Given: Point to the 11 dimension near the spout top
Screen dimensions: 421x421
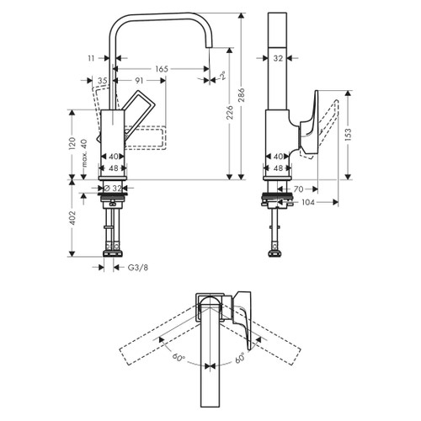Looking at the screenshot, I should click(x=92, y=58).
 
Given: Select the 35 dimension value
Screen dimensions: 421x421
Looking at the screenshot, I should click(x=103, y=81).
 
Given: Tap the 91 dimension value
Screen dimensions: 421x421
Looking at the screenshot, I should click(x=143, y=81).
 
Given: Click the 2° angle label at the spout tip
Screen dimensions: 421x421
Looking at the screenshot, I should click(x=222, y=77).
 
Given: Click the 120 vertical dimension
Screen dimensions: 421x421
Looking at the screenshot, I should click(x=73, y=144).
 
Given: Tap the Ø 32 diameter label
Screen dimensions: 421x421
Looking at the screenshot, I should click(x=114, y=188).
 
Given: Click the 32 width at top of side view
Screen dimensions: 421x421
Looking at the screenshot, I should click(x=279, y=58).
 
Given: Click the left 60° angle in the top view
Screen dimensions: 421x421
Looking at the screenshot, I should click(x=179, y=359).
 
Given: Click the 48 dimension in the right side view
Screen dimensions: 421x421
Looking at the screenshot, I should click(x=279, y=168).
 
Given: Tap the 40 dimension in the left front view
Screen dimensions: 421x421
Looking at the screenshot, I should click(x=114, y=157).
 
